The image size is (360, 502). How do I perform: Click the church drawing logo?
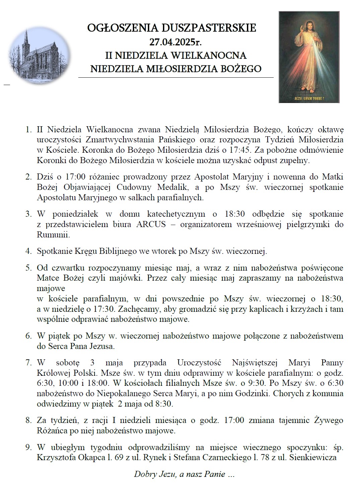coord(39,56)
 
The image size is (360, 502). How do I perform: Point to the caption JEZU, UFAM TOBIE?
coord(309,99)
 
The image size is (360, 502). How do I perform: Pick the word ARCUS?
coord(151,224)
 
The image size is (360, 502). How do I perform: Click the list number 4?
coord(28,251)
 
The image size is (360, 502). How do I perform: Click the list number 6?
coord(28,336)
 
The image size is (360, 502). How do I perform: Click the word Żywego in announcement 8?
coord(329,420)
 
